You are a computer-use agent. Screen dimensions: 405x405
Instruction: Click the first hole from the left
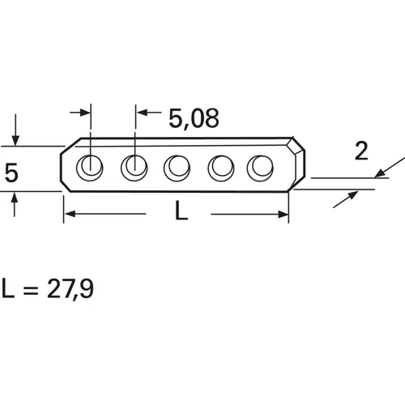pyautogui.click(x=89, y=168)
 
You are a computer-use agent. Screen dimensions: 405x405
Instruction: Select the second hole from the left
pyautogui.click(x=133, y=168)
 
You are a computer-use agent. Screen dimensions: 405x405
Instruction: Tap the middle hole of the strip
pyautogui.click(x=176, y=168)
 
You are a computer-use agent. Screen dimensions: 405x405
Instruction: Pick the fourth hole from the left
pyautogui.click(x=219, y=168)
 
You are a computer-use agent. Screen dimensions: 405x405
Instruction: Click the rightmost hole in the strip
pyautogui.click(x=261, y=168)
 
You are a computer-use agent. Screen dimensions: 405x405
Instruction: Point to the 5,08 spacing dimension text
pyautogui.click(x=194, y=118)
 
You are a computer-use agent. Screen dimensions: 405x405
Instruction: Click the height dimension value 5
pyautogui.click(x=11, y=172)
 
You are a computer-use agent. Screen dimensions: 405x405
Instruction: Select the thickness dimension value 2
pyautogui.click(x=362, y=150)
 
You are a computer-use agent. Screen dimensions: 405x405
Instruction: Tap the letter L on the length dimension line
pyautogui.click(x=181, y=213)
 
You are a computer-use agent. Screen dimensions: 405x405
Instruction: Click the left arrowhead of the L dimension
pyautogui.click(x=69, y=214)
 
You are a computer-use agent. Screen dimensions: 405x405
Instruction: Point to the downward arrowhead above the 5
pyautogui.click(x=15, y=140)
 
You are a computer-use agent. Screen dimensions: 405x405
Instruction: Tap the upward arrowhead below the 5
pyautogui.click(x=15, y=198)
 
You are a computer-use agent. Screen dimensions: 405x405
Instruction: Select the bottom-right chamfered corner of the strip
pyautogui.click(x=300, y=184)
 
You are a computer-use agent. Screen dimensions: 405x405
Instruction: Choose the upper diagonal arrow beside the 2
pyautogui.click(x=383, y=172)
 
